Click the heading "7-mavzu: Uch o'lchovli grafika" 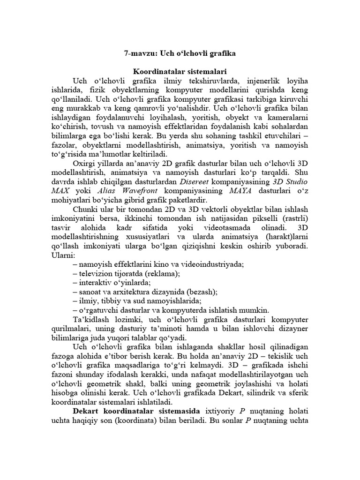(x=180, y=54)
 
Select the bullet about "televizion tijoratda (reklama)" (x=127, y=273)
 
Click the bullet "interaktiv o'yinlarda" (x=112, y=282)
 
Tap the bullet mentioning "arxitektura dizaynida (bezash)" (x=145, y=292)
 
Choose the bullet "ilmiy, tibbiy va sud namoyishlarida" (x=137, y=300)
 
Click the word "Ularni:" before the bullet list (x=62, y=255)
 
